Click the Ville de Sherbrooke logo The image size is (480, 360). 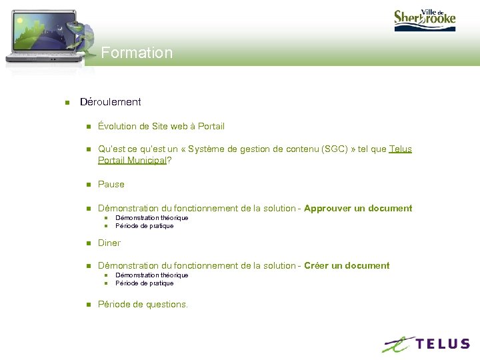coord(425,17)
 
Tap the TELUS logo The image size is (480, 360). coord(426,344)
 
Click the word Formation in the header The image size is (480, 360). coord(137,53)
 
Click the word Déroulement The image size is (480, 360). coord(110,102)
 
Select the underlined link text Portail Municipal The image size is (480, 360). coord(131,160)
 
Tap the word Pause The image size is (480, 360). coord(111,184)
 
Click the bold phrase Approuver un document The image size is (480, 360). coord(358,208)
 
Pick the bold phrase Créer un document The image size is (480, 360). coord(347,265)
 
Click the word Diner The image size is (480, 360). coord(109,243)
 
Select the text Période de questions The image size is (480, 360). coord(143,304)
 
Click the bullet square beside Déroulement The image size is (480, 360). coord(67,103)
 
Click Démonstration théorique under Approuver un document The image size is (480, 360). coord(152,218)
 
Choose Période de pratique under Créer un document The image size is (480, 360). coord(144,283)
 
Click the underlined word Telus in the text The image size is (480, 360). coord(400,149)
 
